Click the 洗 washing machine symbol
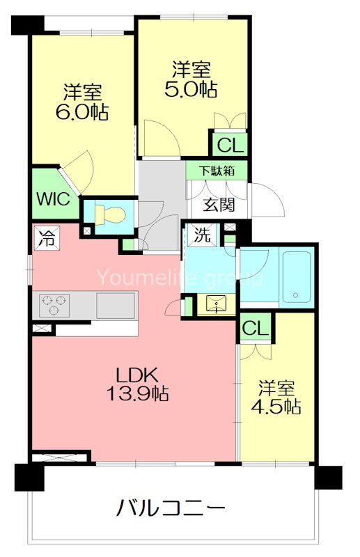tap(202, 235)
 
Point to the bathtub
tap(293, 277)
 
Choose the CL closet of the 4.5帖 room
tap(256, 328)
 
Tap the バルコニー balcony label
tap(171, 508)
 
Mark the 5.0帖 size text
tap(191, 89)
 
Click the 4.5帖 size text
tap(277, 407)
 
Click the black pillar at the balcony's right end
tap(327, 477)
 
